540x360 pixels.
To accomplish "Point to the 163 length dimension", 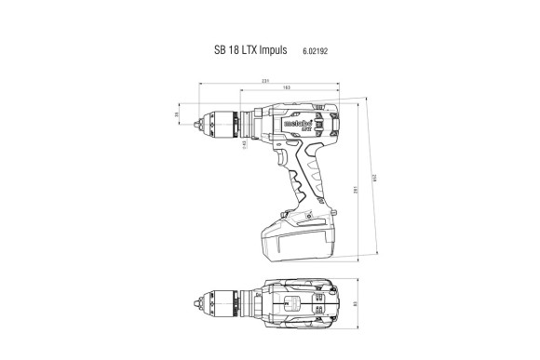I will [x=286, y=90].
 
